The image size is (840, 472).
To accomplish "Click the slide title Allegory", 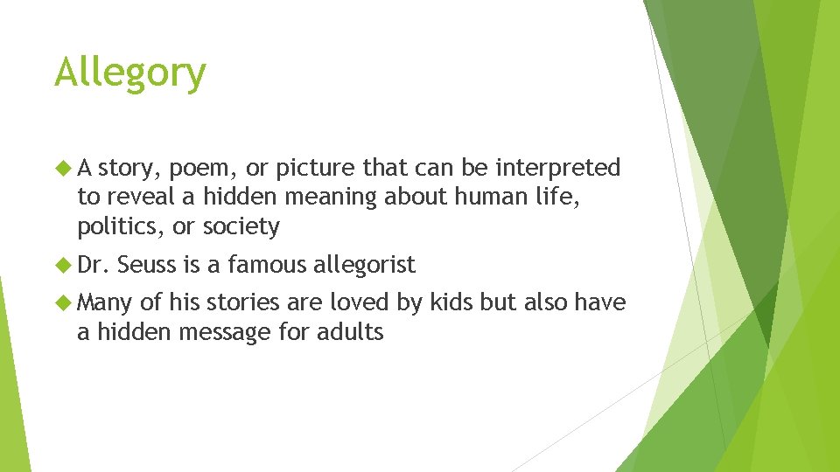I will tap(129, 73).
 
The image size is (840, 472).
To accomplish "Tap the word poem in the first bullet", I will tap(195, 168).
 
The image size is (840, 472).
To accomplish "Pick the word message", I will tap(237, 332).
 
